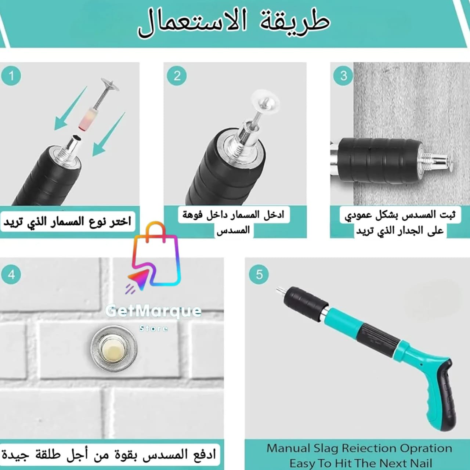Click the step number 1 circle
pyautogui.click(x=11, y=76)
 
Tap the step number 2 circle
pyautogui.click(x=177, y=76)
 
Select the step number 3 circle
pyautogui.click(x=343, y=76)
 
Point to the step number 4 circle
pyautogui.click(x=11, y=275)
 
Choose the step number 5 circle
pyautogui.click(x=259, y=275)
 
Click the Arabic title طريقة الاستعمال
pyautogui.click(x=234, y=23)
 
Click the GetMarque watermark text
pyautogui.click(x=153, y=311)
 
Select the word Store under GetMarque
pyautogui.click(x=153, y=328)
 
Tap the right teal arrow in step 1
pyautogui.click(x=109, y=134)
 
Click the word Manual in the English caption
pyautogui.click(x=288, y=448)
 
